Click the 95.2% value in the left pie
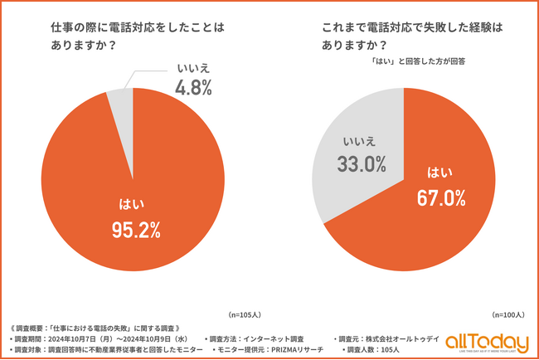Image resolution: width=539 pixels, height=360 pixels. (x=135, y=231)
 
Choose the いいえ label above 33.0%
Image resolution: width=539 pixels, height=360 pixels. (x=362, y=141)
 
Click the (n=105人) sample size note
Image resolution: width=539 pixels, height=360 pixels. (x=246, y=315)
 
